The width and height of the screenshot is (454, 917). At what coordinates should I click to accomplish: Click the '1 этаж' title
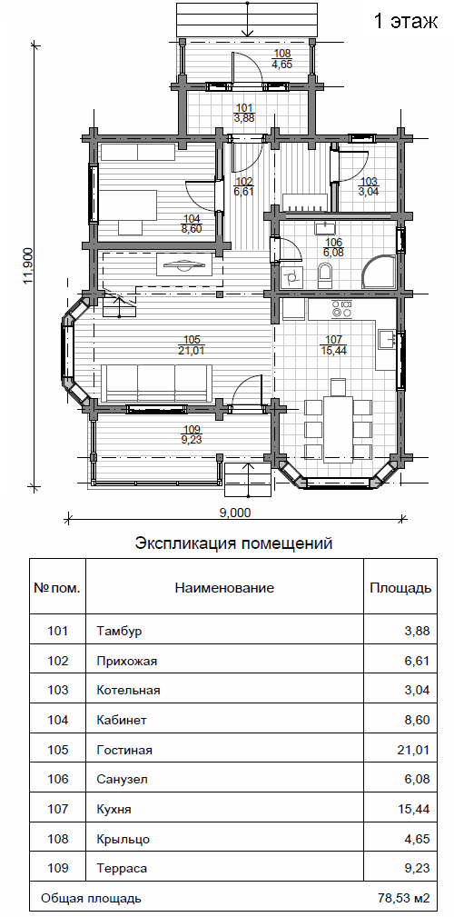405,22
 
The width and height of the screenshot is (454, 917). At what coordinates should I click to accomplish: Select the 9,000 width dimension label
235,513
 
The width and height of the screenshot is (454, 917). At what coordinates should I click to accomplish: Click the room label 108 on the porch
278,54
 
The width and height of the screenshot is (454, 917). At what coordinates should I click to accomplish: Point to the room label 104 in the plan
191,219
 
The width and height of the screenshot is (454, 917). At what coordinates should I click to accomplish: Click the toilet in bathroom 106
325,274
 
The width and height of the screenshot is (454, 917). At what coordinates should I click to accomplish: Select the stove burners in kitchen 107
341,309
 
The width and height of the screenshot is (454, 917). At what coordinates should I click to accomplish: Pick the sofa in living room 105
156,383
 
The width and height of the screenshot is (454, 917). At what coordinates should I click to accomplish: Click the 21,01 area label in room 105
192,350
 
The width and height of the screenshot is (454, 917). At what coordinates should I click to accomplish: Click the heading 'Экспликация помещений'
233,543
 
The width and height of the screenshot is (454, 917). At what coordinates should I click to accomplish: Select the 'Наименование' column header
224,588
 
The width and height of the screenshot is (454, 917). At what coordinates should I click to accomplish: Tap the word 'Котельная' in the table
129,690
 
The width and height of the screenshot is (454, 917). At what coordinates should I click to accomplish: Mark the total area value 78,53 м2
404,898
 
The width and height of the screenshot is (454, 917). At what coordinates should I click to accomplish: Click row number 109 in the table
58,868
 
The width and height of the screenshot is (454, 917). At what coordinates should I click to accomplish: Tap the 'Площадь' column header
400,588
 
